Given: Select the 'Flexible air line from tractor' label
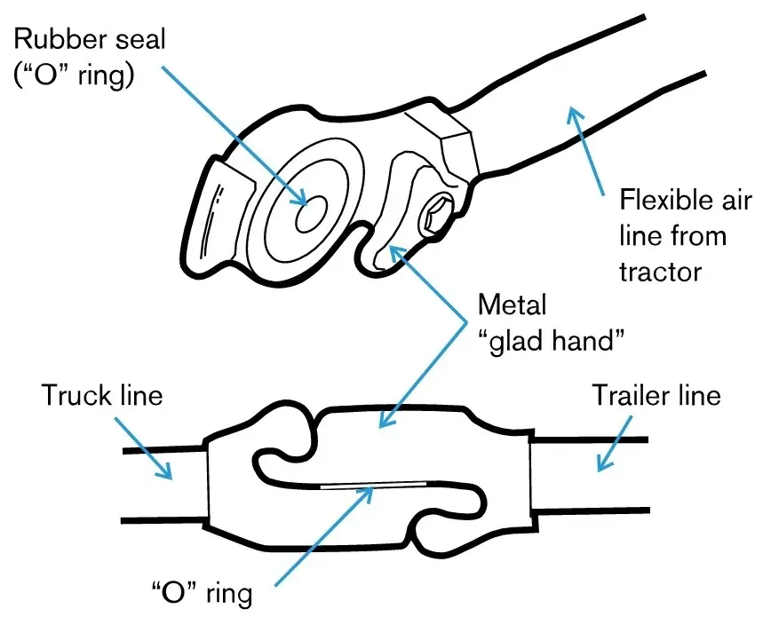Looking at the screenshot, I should click(x=672, y=234).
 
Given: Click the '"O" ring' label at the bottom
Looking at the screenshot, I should click(x=202, y=591).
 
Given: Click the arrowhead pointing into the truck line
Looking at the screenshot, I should click(x=166, y=473).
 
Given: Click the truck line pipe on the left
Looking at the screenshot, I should click(x=164, y=484).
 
